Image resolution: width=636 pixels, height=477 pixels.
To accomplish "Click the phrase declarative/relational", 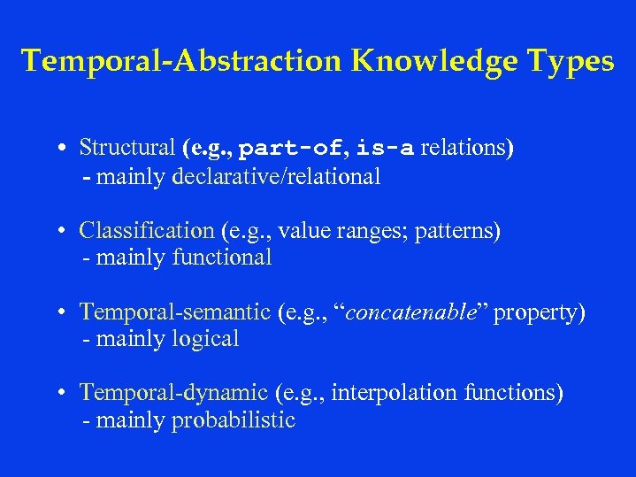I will (x=277, y=176).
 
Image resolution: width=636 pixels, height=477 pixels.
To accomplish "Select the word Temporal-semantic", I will (x=175, y=312).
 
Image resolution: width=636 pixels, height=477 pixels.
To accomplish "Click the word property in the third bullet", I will (x=535, y=312).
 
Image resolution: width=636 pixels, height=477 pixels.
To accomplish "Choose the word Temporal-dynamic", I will (x=173, y=392).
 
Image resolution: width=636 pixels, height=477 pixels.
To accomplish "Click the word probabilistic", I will (x=233, y=419).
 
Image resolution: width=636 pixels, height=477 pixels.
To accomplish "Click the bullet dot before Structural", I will (x=67, y=148).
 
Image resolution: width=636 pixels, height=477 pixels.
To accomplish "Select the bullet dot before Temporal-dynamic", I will (x=67, y=393).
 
